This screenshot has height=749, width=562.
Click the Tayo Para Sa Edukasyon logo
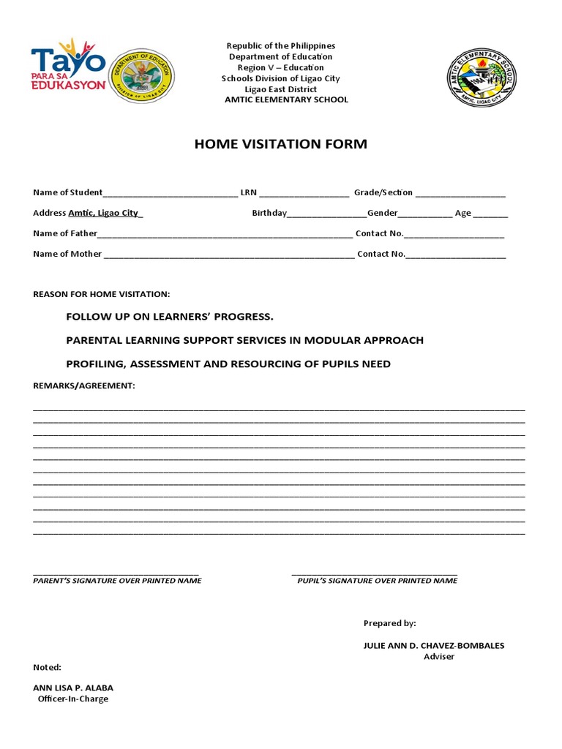(67, 63)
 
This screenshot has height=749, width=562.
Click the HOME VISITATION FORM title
(280, 144)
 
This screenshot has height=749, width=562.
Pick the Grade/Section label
(383, 192)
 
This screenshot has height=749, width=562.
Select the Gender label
(382, 213)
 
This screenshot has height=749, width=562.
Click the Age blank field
(491, 215)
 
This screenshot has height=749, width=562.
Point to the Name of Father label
(64, 233)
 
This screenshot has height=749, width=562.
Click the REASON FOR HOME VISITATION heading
(101, 294)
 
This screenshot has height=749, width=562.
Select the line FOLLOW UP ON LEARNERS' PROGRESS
(169, 317)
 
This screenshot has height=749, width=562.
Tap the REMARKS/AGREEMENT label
(84, 385)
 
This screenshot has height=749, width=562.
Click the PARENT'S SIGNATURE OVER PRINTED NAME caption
(117, 580)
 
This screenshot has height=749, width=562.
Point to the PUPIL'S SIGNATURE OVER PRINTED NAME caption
(377, 580)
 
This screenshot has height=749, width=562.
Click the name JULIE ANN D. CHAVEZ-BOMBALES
(434, 646)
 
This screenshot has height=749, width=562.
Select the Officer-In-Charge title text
(72, 699)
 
